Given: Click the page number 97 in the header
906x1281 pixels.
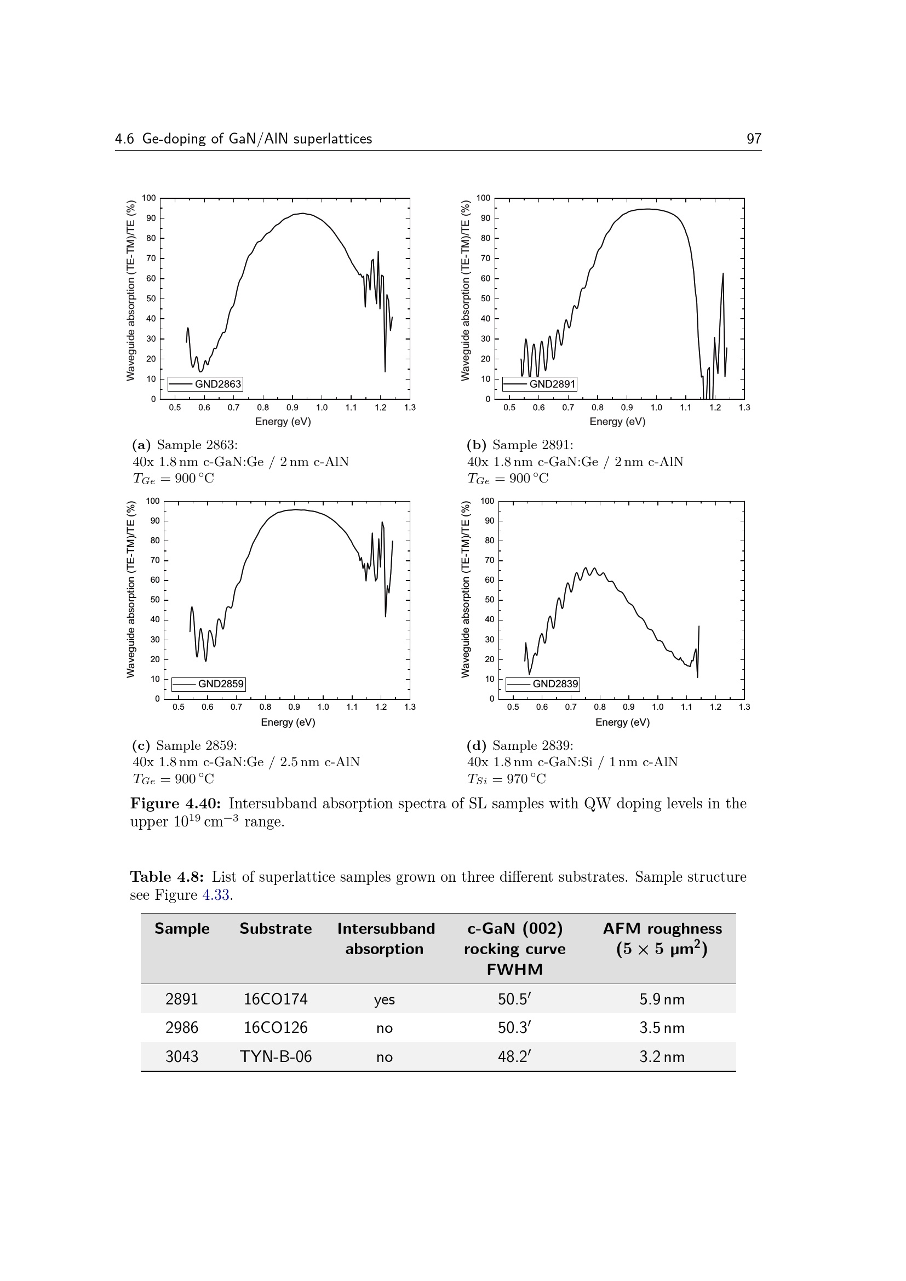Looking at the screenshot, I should click(x=754, y=139).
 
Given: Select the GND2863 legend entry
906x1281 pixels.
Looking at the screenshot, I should click(x=205, y=384).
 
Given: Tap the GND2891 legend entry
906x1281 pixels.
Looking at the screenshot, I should click(x=540, y=384).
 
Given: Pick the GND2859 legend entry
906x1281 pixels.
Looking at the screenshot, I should click(x=209, y=683).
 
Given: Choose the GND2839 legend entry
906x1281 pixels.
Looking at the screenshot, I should click(x=543, y=683).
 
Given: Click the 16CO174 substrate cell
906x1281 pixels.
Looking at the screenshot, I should click(x=276, y=999).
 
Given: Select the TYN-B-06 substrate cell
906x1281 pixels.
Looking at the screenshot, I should click(x=276, y=1056).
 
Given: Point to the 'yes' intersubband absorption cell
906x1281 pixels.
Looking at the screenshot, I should click(x=385, y=999).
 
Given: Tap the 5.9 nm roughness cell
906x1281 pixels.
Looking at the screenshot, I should click(x=662, y=999).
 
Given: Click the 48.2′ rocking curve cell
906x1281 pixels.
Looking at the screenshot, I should click(x=514, y=1056).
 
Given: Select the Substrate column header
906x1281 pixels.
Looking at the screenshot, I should click(x=276, y=928).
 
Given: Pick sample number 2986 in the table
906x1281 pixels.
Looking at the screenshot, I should click(x=182, y=1027).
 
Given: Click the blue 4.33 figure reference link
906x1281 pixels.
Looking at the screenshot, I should click(x=215, y=895).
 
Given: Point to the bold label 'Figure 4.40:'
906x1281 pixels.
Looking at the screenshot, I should click(x=176, y=803).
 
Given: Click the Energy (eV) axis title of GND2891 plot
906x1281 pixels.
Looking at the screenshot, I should click(x=617, y=422).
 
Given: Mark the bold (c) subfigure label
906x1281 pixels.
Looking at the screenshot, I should click(x=141, y=745).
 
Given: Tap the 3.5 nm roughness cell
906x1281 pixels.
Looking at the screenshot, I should click(x=662, y=1027).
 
